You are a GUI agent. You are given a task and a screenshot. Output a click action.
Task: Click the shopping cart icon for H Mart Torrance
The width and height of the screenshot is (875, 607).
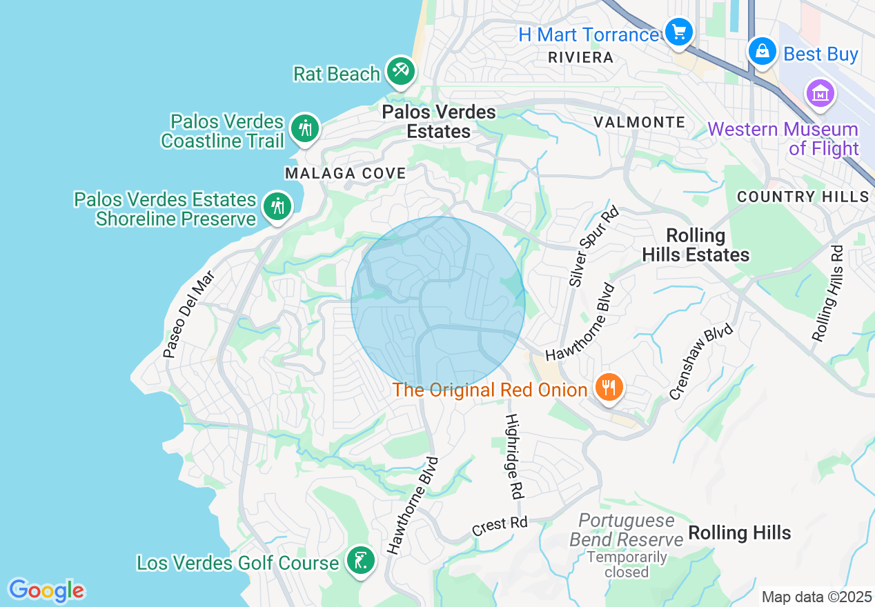pos(679,32)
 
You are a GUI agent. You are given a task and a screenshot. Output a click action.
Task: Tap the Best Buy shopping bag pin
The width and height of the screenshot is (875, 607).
pos(762,51)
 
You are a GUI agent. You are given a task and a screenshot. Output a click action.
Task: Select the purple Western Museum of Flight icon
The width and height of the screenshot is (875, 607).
pos(820,94)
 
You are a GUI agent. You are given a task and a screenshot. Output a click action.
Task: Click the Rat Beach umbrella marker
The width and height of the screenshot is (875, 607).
pos(400,70)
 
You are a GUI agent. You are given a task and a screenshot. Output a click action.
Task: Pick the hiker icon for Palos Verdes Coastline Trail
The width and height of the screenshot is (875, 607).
pos(304,128)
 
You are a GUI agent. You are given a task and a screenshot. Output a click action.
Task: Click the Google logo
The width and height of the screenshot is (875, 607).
pos(46,590)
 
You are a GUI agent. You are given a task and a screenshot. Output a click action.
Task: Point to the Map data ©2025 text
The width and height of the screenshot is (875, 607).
pos(816,597)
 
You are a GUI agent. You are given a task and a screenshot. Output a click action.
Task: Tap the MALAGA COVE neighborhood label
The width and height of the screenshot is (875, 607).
pos(346,173)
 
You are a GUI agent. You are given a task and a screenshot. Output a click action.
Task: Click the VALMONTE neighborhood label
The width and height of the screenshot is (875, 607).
pos(639,123)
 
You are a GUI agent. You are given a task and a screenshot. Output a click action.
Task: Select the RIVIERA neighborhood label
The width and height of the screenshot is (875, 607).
pos(580,58)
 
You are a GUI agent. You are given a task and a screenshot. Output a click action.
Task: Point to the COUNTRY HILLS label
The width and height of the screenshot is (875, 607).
pos(803,197)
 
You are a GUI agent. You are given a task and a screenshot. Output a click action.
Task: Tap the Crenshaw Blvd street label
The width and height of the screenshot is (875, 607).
pos(701,364)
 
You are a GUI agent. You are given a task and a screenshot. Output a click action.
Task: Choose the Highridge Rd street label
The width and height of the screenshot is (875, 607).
pos(513,456)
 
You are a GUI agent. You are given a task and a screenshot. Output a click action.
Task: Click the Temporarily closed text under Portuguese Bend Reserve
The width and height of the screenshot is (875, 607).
pos(627,564)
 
